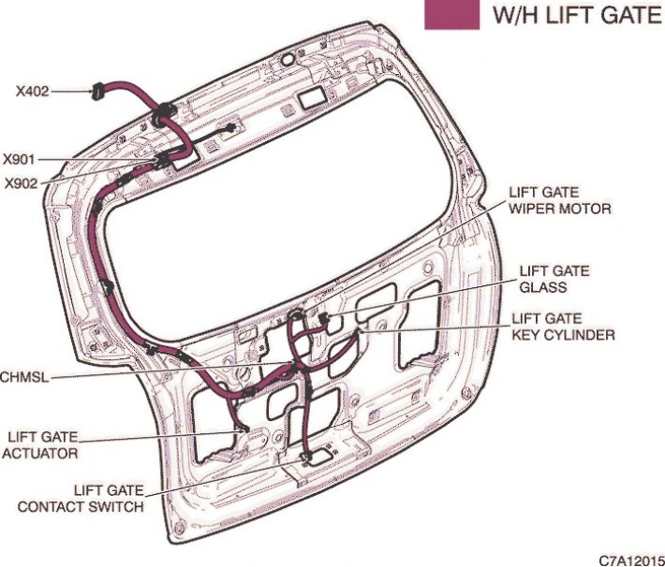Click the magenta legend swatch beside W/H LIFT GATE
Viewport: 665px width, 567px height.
click(451, 15)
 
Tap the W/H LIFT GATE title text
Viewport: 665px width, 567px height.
click(577, 15)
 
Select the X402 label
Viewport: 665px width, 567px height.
click(32, 91)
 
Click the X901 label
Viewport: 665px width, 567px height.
click(19, 160)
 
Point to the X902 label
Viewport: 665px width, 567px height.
click(22, 183)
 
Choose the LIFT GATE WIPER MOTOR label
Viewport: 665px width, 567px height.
click(560, 200)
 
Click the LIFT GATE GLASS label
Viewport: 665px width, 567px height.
click(554, 279)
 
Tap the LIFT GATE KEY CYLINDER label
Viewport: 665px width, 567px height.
click(563, 327)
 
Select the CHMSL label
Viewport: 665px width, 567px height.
click(24, 377)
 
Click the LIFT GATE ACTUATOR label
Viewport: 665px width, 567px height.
click(40, 445)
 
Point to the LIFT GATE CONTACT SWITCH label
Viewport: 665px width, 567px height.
click(81, 499)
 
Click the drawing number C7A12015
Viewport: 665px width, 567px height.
click(631, 560)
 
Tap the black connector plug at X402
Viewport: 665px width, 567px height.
click(97, 90)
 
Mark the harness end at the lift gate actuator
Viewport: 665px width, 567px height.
click(244, 429)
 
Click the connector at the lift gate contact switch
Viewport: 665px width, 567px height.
click(304, 458)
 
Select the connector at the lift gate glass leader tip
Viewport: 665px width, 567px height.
click(324, 317)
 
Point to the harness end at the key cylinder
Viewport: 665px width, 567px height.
click(360, 329)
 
